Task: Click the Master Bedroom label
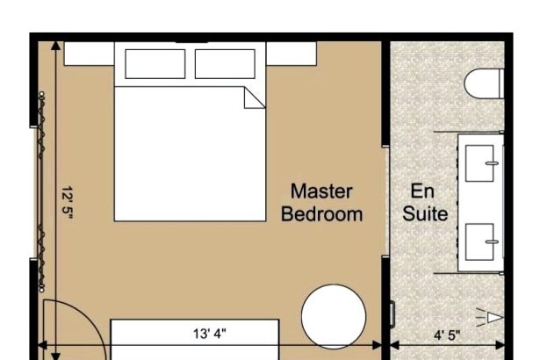pos(321,203)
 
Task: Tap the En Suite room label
pos(425,203)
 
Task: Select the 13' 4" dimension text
pos(209,334)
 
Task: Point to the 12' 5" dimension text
pos(68,203)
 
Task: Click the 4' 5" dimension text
pos(447,335)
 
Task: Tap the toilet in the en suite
pos(484,83)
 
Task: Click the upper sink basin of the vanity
pos(479,163)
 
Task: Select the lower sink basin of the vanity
pos(479,241)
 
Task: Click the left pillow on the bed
pos(155,64)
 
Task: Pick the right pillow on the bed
pos(225,64)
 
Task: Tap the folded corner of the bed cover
pos(254,97)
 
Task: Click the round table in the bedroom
pos(334,316)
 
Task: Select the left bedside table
pos(89,54)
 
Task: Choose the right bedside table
pos(292,54)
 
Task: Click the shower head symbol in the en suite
pos(491,317)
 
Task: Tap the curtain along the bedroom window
pos(41,191)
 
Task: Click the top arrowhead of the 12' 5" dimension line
pos(55,46)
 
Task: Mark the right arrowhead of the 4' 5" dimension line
pos(500,345)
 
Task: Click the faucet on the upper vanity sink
pos(492,163)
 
